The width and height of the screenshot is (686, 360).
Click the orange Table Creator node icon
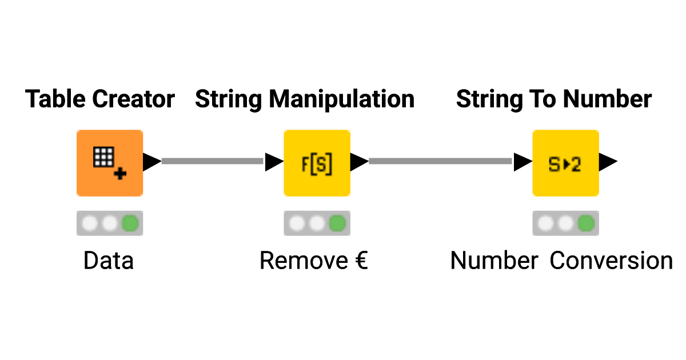[109, 163]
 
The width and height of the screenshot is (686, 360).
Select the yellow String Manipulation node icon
[317, 163]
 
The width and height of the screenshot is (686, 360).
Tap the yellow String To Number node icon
[565, 163]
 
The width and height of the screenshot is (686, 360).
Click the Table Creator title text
[100, 99]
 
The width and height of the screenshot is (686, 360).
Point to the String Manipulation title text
[305, 99]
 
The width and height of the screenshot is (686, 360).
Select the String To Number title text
[553, 99]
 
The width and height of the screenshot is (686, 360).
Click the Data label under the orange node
[109, 261]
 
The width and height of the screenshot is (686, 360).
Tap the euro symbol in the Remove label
[358, 261]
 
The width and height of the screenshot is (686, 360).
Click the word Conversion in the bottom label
[611, 261]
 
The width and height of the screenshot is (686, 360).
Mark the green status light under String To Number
[587, 223]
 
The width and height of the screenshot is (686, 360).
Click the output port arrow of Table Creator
[151, 162]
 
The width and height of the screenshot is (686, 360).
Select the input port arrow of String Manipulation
[274, 162]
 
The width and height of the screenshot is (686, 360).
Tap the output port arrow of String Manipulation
[358, 162]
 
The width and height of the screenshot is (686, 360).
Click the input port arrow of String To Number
[523, 162]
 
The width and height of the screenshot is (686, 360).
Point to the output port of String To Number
[608, 162]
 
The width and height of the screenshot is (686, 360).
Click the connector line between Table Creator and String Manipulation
[213, 162]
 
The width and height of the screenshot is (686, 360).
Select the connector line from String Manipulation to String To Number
[440, 162]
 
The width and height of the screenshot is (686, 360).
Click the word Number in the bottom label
[494, 261]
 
